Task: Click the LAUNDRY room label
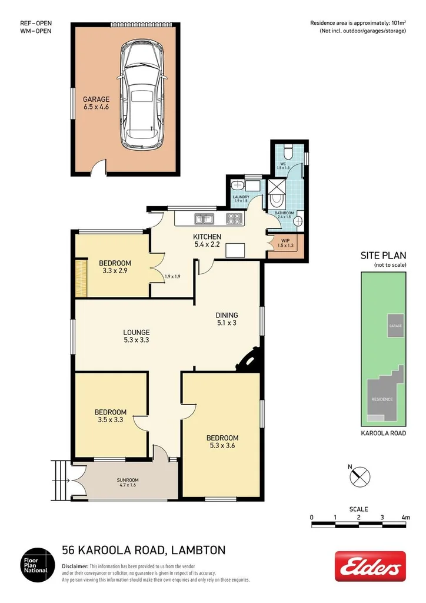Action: click(241, 199)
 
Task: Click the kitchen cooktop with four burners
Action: click(235, 219)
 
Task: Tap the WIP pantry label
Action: click(285, 243)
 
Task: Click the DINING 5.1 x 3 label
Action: click(226, 319)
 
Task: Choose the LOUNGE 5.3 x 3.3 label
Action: click(136, 336)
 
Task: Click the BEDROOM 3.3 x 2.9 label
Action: click(115, 267)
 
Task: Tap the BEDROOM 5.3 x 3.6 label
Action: click(222, 441)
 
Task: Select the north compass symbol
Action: click(360, 475)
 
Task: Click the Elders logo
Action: click(370, 566)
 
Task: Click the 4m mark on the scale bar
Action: click(405, 517)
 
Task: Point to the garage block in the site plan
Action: click(394, 325)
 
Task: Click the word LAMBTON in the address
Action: click(198, 551)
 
